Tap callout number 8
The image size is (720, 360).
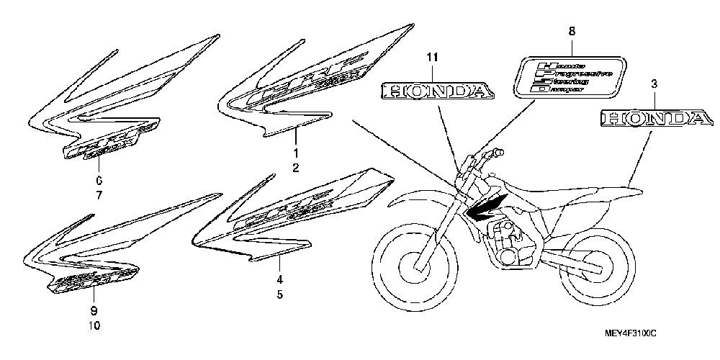pyautogui.click(x=572, y=32)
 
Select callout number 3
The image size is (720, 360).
pyautogui.click(x=654, y=84)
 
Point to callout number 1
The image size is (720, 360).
pyautogui.click(x=294, y=153)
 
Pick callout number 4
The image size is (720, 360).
pyautogui.click(x=279, y=279)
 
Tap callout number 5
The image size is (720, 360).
pyautogui.click(x=279, y=294)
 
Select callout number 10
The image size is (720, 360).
pyautogui.click(x=94, y=325)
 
